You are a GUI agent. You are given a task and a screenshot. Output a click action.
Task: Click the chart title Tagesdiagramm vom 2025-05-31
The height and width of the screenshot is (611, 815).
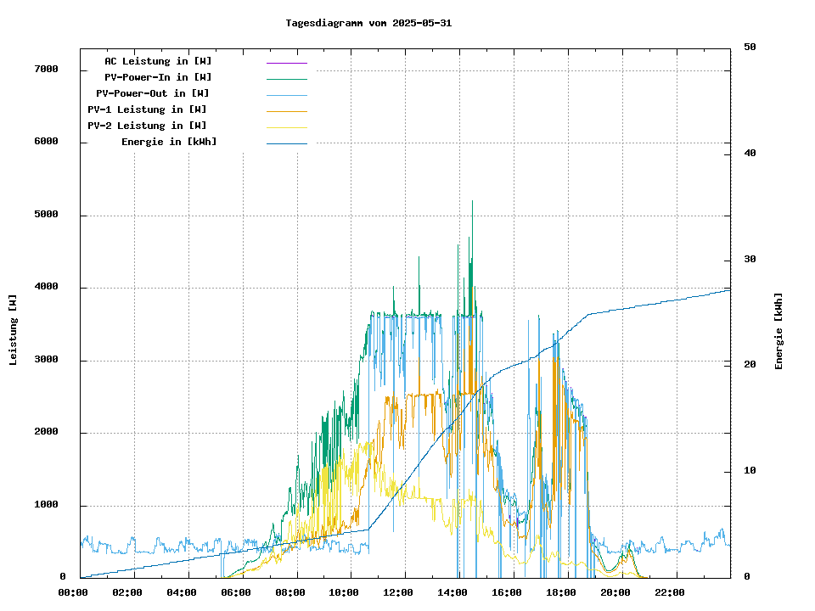pyautogui.click(x=368, y=23)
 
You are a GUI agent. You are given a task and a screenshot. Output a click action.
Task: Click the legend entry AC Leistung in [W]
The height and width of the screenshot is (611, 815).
pyautogui.click(x=159, y=61)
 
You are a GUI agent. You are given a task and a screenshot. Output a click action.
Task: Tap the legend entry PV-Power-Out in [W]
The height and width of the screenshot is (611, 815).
pyautogui.click(x=153, y=93)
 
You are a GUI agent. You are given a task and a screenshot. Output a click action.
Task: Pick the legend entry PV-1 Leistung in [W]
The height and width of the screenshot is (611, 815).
pyautogui.click(x=147, y=109)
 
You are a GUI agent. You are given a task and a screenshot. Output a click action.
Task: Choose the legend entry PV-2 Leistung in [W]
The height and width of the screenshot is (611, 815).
pyautogui.click(x=147, y=126)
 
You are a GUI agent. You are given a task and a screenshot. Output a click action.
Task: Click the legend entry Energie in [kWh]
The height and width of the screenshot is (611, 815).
pyautogui.click(x=169, y=142)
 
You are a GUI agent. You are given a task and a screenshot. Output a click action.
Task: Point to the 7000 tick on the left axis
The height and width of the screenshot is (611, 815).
pyautogui.click(x=46, y=69)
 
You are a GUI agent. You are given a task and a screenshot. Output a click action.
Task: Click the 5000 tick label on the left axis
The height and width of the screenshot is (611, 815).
pyautogui.click(x=46, y=215)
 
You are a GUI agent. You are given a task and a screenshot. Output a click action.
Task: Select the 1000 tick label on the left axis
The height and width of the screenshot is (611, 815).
pyautogui.click(x=46, y=506)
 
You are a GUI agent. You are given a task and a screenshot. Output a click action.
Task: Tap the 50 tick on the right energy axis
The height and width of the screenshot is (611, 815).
pyautogui.click(x=750, y=48)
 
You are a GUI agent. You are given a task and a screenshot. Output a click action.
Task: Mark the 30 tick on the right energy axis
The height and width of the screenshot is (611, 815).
pyautogui.click(x=750, y=260)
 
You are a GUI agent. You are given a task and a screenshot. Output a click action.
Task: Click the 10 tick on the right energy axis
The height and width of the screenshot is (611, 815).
pyautogui.click(x=750, y=471)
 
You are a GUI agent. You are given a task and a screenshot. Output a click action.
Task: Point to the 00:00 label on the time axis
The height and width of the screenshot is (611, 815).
pyautogui.click(x=73, y=592)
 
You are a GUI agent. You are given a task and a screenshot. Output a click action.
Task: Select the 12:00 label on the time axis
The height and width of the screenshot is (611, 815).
pyautogui.click(x=398, y=592)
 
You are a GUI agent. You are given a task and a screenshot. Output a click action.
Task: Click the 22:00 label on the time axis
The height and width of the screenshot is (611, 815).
pyautogui.click(x=670, y=592)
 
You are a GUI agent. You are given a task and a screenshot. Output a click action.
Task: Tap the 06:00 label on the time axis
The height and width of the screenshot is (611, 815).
pyautogui.click(x=236, y=592)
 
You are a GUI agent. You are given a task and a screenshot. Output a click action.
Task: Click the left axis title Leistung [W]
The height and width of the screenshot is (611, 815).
pyautogui.click(x=14, y=329)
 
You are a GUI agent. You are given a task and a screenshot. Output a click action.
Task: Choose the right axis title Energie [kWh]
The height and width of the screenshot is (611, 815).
pyautogui.click(x=779, y=331)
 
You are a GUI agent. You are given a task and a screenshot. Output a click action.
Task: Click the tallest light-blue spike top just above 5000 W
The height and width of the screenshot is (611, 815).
pyautogui.click(x=472, y=202)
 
